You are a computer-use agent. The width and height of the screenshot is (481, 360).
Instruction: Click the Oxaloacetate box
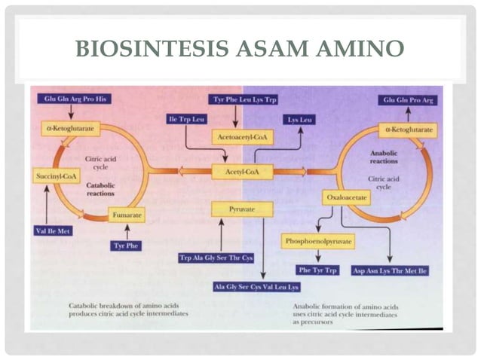coord(348,197)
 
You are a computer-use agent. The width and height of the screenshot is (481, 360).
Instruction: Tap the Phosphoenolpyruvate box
coord(317,241)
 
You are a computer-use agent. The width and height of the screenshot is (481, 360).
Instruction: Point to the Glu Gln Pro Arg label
coord(409,99)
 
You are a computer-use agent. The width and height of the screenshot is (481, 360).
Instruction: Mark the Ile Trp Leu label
coord(185,119)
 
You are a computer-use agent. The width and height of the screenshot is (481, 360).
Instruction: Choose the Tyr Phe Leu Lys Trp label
coord(244,99)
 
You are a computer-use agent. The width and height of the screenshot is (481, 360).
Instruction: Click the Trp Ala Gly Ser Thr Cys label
coord(215,258)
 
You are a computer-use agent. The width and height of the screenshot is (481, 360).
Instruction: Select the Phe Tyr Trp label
coord(319,269)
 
